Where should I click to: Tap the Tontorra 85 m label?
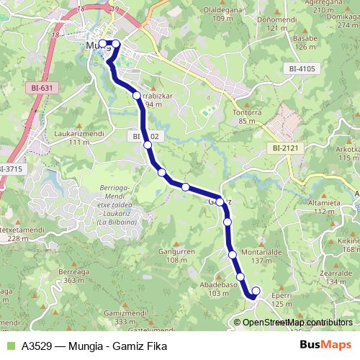246,117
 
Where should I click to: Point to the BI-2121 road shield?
286,148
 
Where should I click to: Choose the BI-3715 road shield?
11,168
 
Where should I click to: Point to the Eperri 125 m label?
282,299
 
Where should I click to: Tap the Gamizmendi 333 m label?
120,318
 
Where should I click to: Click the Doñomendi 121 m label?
282,24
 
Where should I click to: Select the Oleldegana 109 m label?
225,14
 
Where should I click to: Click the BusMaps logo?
326,343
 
